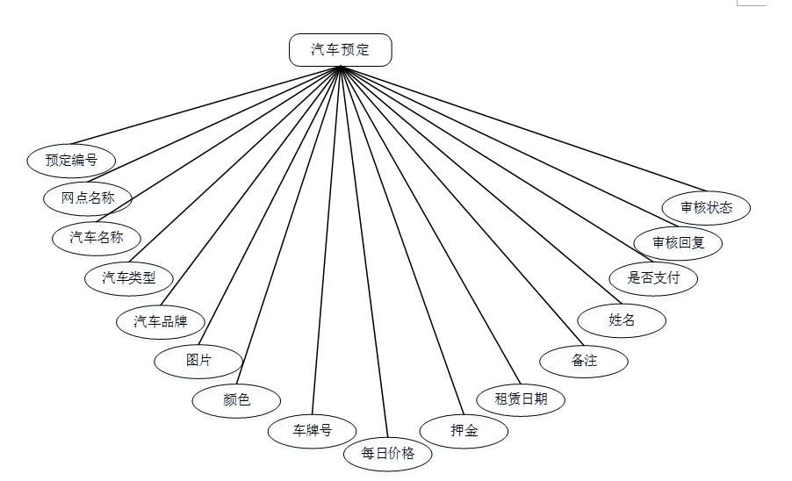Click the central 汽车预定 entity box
(341, 50)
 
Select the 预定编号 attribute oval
(71, 160)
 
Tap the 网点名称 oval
(88, 197)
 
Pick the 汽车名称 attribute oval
(97, 237)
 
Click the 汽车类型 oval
(129, 278)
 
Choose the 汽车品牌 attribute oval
(161, 320)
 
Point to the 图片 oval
(198, 360)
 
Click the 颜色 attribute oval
(236, 400)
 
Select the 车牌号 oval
(312, 431)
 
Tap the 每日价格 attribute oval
(387, 454)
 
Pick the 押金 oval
(464, 431)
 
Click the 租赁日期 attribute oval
(521, 399)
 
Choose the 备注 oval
(584, 361)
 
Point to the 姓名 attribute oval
(622, 320)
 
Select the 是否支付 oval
(654, 279)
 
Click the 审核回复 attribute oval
(678, 242)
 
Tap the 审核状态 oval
(706, 208)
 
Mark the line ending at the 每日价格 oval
(364, 255)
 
